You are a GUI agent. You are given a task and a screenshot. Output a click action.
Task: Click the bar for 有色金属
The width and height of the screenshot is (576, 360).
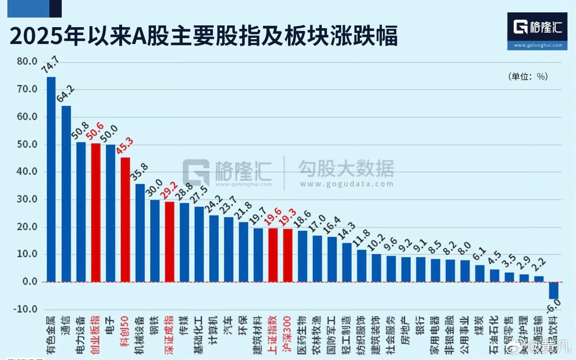(51, 180)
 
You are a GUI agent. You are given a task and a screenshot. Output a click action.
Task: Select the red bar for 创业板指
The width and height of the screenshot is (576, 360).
(96, 212)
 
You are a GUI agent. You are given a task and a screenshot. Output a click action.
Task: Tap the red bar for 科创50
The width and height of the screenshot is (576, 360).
(125, 219)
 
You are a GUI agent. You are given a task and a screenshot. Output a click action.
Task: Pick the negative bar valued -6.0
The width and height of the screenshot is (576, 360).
(554, 291)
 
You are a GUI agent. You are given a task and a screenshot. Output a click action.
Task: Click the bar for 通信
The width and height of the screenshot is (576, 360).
(66, 194)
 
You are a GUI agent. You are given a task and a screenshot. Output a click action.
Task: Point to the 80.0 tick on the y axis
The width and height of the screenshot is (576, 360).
(27, 61)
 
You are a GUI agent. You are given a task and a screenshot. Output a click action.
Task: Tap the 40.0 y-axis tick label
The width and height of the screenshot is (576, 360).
(27, 172)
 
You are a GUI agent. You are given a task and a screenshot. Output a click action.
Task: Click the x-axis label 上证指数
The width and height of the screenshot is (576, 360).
(273, 334)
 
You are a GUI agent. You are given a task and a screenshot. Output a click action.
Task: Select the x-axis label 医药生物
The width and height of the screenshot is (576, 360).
(302, 334)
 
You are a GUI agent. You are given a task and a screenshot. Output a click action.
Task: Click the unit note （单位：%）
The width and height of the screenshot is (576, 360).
(527, 76)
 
